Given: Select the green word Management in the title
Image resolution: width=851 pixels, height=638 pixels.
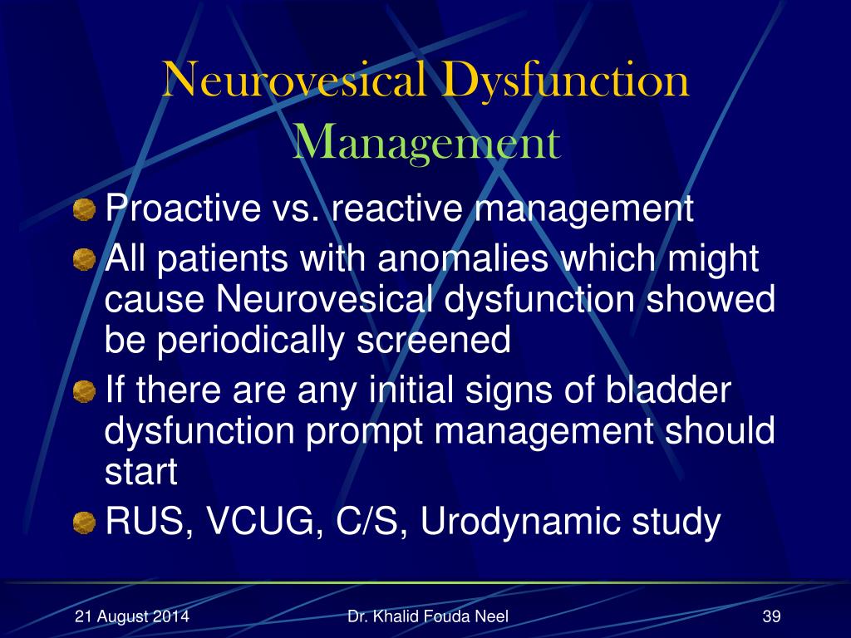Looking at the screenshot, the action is coord(426,142).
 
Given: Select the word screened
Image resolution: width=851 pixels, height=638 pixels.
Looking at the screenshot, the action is coord(433,340).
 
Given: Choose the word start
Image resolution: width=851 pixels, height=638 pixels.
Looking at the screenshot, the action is coord(141,472).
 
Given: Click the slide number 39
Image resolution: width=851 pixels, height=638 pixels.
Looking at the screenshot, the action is coord(772,616).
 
